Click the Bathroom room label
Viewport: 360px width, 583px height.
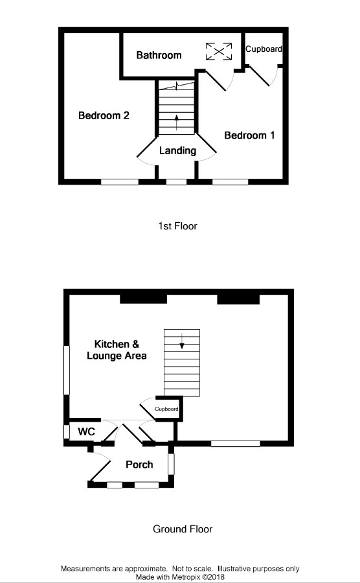pos(159,55)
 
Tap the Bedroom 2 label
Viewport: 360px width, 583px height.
pos(104,115)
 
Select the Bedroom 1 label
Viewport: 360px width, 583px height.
pos(249,135)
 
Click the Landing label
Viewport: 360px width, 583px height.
pos(177,150)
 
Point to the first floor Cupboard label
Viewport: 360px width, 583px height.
pos(264,49)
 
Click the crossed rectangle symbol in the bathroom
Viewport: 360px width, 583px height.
pos(219,51)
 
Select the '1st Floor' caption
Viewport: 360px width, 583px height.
pos(177,226)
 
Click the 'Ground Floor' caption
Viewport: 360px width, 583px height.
pos(182,529)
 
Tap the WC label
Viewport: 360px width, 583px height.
pos(87,431)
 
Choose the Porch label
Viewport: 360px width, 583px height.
pos(139,464)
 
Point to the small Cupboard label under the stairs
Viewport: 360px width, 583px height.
pos(166,409)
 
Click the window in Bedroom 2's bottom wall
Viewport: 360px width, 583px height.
pos(119,183)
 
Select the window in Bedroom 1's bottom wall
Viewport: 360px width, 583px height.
pos(230,183)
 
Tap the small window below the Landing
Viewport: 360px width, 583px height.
pos(176,183)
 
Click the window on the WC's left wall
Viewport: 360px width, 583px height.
pos(66,431)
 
